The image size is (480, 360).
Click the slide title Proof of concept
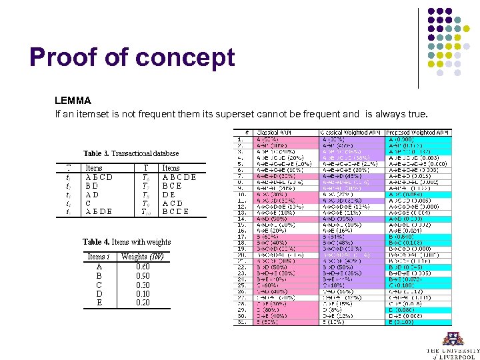click(132, 58)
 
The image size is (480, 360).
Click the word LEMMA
click(73, 101)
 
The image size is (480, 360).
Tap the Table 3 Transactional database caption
click(131, 153)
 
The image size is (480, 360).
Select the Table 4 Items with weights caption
click(127, 242)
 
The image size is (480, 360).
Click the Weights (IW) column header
click(142, 257)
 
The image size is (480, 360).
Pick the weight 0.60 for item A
click(142, 266)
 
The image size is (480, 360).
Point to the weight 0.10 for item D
click(142, 294)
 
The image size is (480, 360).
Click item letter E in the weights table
click(99, 303)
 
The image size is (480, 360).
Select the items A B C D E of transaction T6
click(179, 177)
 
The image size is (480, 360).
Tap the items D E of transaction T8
click(169, 195)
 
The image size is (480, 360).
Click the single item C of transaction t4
click(89, 203)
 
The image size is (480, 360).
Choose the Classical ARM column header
click(275, 133)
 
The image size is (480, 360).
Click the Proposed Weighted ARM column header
click(418, 133)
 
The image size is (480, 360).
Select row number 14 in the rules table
click(243, 218)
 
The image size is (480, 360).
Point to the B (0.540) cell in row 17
click(403, 236)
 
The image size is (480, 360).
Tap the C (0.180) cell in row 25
click(403, 285)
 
